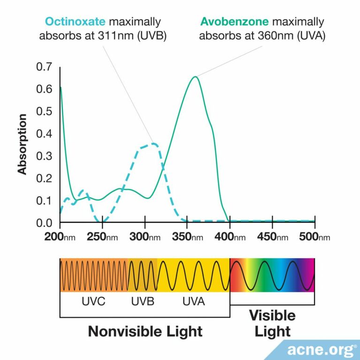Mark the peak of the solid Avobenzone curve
[x=195, y=76]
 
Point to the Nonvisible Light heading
[x=145, y=331]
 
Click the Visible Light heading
[x=272, y=323]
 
